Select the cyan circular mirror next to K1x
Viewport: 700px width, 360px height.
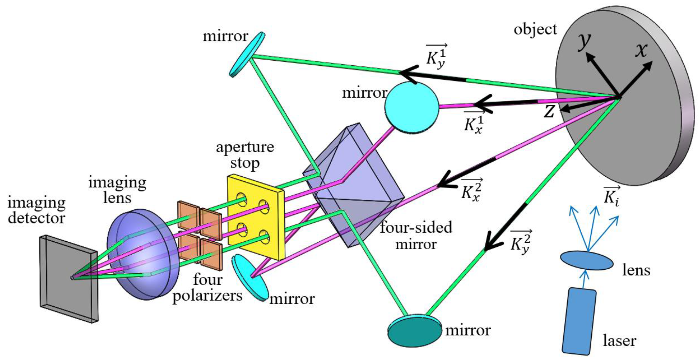tap(411, 107)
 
